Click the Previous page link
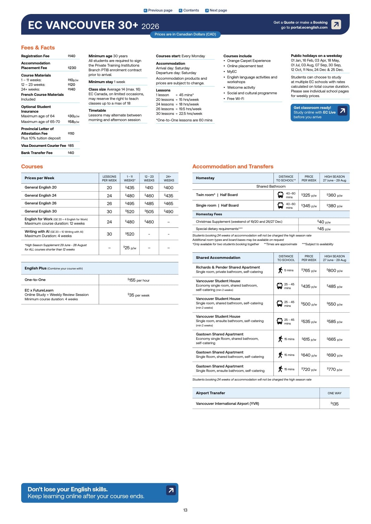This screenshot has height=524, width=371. [158, 10]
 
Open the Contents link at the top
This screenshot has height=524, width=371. [189, 10]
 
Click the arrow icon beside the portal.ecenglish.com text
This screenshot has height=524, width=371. [336, 24]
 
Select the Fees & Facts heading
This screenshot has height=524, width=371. [38, 48]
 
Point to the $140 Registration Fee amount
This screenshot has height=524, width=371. [72, 56]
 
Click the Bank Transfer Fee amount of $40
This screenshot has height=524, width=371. [71, 153]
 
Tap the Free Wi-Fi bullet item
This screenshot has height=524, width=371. [235, 99]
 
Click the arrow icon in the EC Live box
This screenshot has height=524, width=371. [342, 111]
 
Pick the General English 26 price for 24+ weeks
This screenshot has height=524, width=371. [169, 204]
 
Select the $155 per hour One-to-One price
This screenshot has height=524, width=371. [139, 280]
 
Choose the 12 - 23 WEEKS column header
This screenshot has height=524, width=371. [149, 178]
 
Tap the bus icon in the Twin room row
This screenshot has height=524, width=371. [280, 195]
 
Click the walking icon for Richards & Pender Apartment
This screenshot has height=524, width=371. [280, 270]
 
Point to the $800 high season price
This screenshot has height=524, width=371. [335, 270]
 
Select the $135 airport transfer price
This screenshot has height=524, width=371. [335, 404]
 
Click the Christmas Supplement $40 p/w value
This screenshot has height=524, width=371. [324, 222]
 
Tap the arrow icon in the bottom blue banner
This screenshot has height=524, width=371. [171, 490]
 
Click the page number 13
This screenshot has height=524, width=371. [185, 510]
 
